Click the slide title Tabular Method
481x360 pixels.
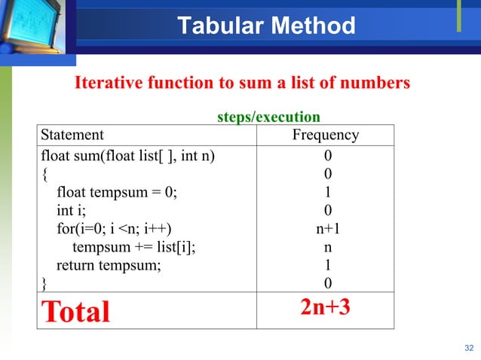click(x=266, y=26)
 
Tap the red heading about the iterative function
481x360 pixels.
click(x=241, y=83)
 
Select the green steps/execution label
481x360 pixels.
click(x=268, y=117)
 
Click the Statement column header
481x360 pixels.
click(x=72, y=136)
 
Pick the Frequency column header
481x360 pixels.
click(x=325, y=136)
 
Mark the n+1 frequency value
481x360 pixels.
click(x=327, y=228)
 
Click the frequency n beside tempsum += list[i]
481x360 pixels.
click(x=327, y=247)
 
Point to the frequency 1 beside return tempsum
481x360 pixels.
click(x=327, y=265)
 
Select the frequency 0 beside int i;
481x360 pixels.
click(x=327, y=210)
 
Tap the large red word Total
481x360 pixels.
click(x=75, y=310)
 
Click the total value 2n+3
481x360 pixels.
click(x=325, y=307)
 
